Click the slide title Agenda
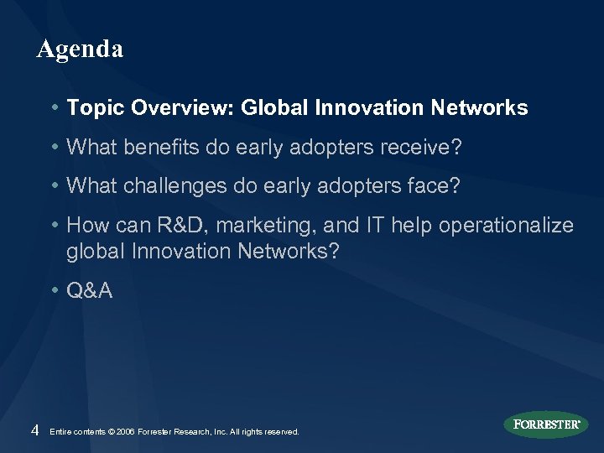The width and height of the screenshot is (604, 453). click(x=80, y=49)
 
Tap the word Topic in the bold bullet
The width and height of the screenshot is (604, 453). click(x=91, y=108)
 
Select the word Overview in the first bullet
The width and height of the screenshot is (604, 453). click(x=173, y=108)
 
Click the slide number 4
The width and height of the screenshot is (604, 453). click(x=34, y=430)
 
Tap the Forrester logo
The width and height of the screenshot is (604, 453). click(x=546, y=424)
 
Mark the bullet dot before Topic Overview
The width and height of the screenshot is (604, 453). click(x=55, y=108)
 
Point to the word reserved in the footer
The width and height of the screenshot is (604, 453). click(x=280, y=431)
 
